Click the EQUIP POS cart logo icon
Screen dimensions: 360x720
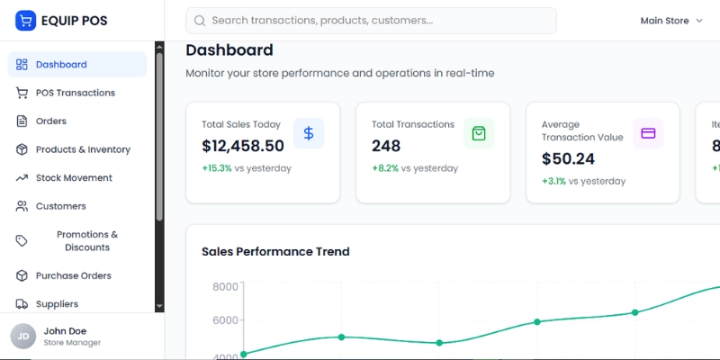tap(25, 21)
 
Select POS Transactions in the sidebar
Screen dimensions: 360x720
tap(75, 93)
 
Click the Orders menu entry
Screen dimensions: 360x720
tap(50, 121)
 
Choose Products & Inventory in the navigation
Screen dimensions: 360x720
tap(83, 149)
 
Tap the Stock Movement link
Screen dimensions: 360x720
tap(74, 178)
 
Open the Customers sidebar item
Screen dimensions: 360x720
tap(60, 206)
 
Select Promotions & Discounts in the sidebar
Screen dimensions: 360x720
tap(86, 241)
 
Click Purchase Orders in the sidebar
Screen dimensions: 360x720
tap(73, 276)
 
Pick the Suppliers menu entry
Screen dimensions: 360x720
tap(57, 304)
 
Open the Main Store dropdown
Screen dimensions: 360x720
tap(670, 21)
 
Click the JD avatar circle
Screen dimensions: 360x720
tap(22, 337)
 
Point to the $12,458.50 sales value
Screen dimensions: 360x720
tap(243, 146)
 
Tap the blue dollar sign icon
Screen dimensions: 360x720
tap(309, 133)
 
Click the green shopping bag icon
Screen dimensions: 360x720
tap(479, 133)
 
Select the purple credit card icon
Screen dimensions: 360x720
tap(648, 133)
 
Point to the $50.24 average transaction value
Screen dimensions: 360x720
tap(568, 159)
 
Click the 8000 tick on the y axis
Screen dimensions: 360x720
tap(225, 287)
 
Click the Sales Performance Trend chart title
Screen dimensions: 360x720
tap(275, 252)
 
